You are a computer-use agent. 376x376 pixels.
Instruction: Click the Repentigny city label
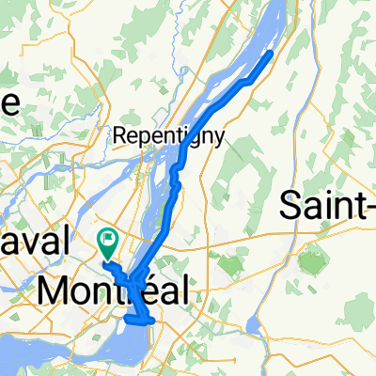click(x=169, y=136)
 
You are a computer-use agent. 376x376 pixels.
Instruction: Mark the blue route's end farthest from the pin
click(x=272, y=53)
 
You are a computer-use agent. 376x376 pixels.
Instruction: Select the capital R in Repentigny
click(x=119, y=135)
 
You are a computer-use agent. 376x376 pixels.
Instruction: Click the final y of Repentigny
click(x=219, y=138)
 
